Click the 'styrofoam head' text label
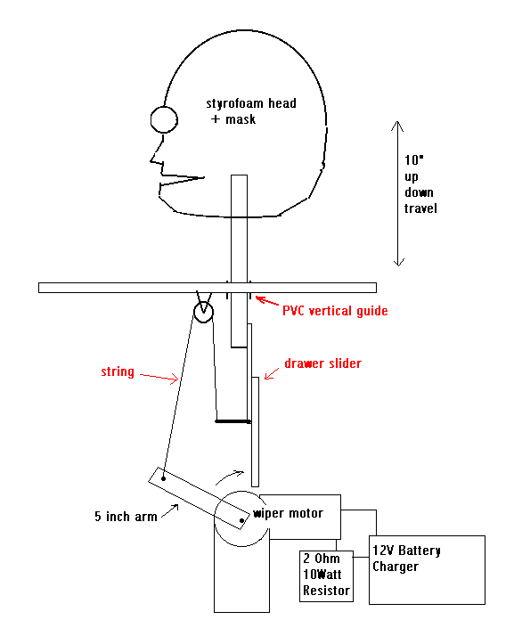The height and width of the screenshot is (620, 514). (x=251, y=103)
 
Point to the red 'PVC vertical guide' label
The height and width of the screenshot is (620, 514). (x=335, y=311)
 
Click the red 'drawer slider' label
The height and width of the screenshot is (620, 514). (x=322, y=363)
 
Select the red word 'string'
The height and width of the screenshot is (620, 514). (x=118, y=371)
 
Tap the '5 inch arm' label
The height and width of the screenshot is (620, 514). (x=126, y=517)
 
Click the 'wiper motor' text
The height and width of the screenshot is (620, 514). (x=289, y=513)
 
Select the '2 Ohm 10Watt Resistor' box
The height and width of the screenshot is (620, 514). (x=326, y=576)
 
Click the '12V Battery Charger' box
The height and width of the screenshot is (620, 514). (x=427, y=570)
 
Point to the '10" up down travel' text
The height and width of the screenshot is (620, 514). (x=420, y=184)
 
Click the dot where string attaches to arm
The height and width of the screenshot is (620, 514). (x=163, y=479)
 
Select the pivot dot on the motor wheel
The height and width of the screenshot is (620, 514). (x=241, y=521)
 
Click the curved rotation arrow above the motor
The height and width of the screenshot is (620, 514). (x=229, y=476)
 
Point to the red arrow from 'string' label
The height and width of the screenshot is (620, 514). (x=159, y=377)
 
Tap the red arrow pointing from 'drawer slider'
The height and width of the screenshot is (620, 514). (x=271, y=373)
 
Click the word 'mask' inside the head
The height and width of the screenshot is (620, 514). (x=241, y=119)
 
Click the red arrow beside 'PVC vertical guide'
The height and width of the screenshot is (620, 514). (x=267, y=301)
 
